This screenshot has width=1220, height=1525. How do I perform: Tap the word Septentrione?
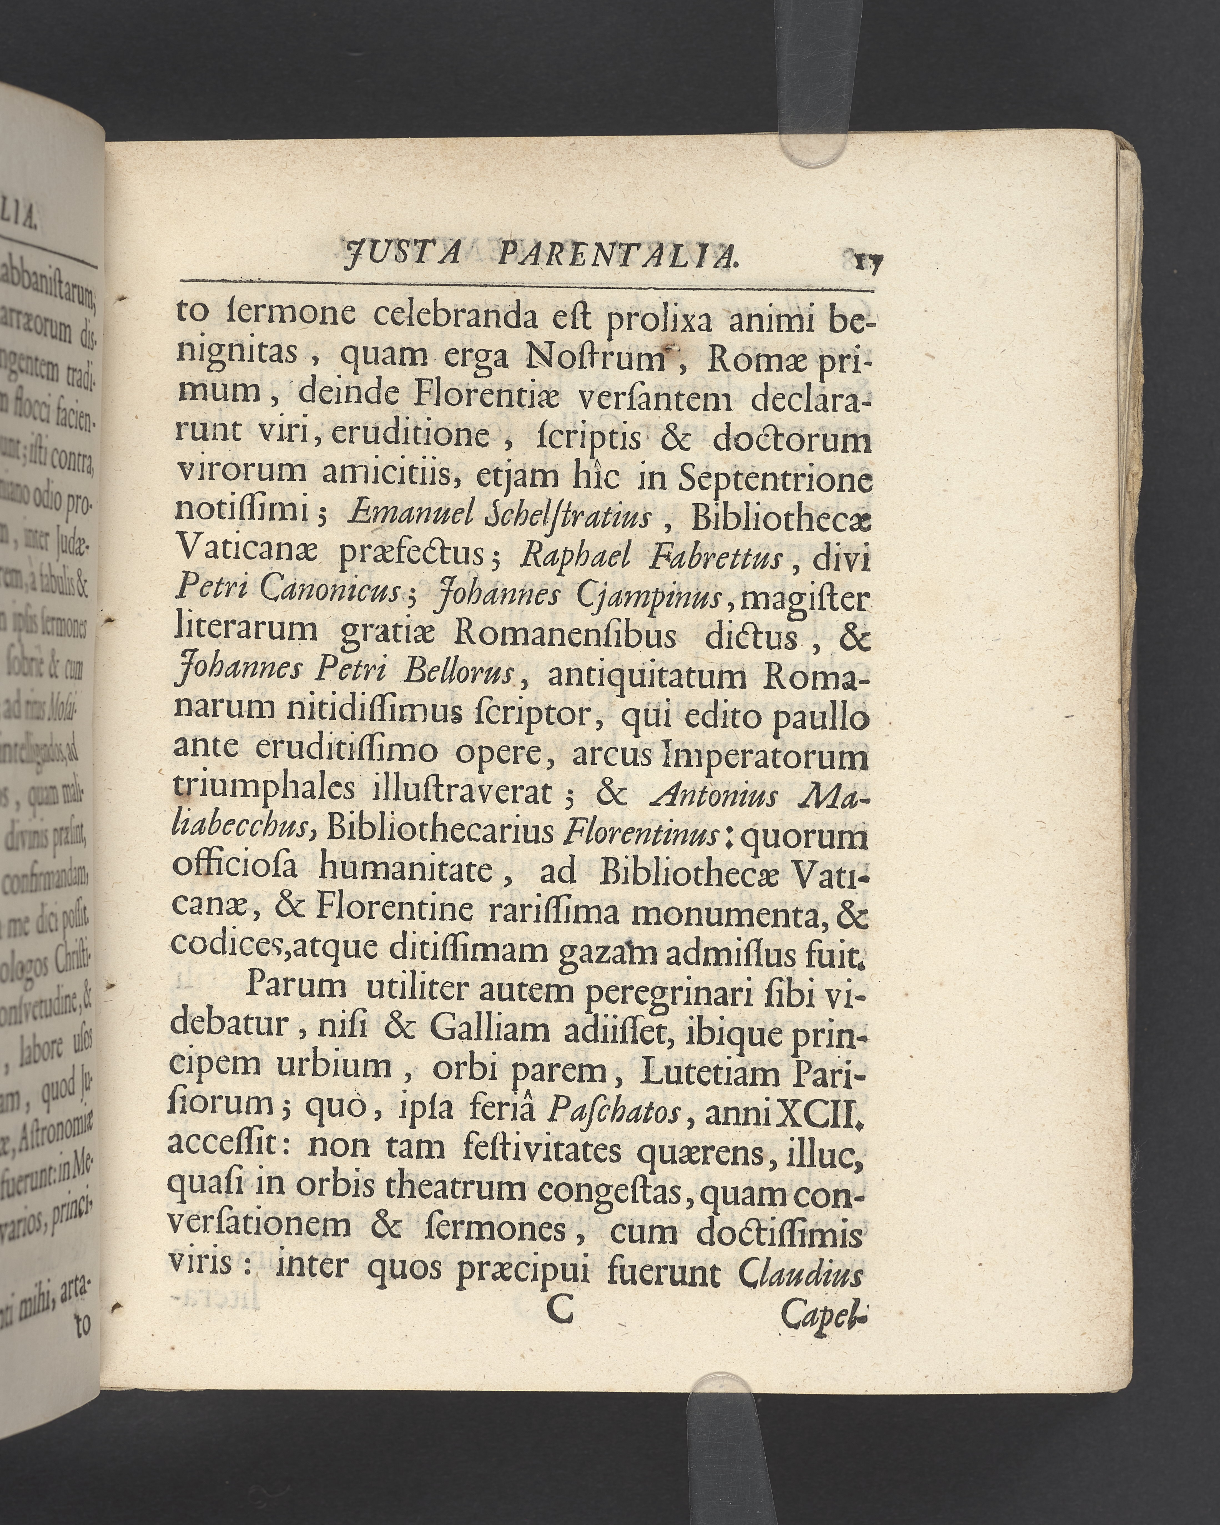774,481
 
